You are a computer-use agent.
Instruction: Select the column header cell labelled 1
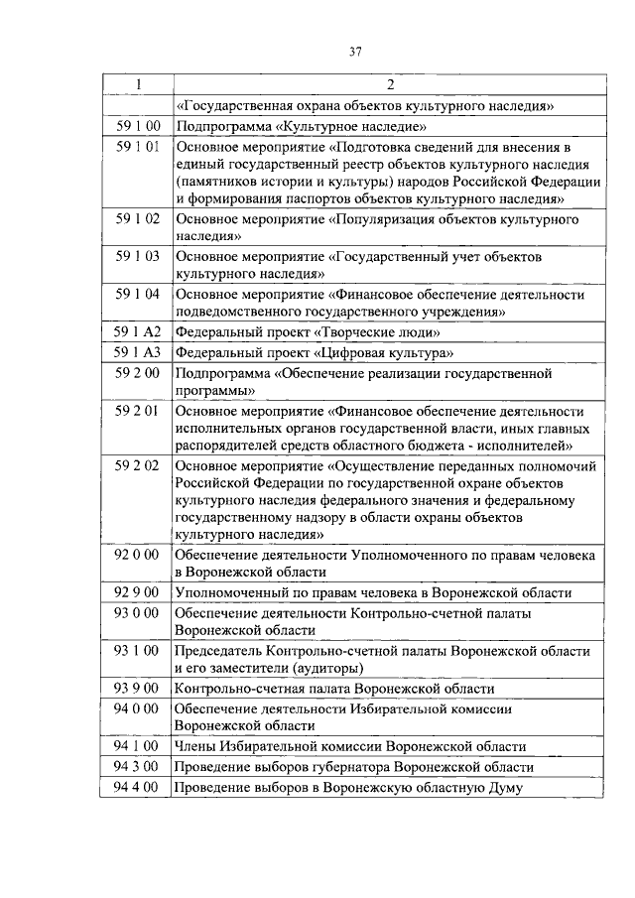coord(137,85)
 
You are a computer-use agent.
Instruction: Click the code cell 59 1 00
coord(137,127)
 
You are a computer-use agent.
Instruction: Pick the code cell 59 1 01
coord(137,147)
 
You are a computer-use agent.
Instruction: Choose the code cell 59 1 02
coord(137,218)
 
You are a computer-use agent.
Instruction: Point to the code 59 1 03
coord(137,256)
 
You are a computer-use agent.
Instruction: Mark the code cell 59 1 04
coord(137,294)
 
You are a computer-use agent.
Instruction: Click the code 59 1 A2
coord(137,332)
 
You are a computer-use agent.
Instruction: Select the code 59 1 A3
coord(137,353)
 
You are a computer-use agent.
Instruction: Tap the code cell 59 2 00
coord(137,373)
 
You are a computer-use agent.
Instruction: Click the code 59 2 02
coord(137,464)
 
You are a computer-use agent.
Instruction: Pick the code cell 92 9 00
coord(137,592)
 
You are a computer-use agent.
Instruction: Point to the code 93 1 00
coord(137,651)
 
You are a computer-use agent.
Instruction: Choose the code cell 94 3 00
coord(137,767)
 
